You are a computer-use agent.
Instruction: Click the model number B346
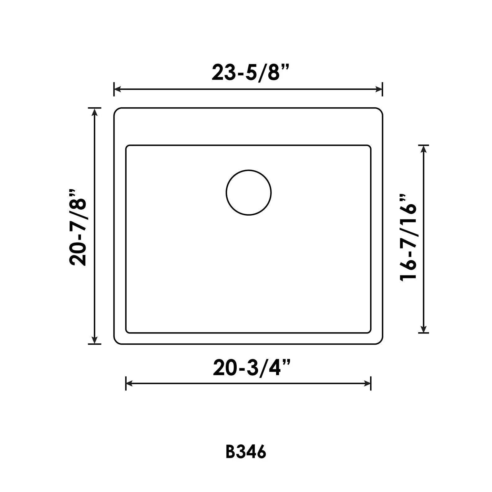pyautogui.click(x=246, y=453)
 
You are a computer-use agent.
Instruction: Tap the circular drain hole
pyautogui.click(x=249, y=193)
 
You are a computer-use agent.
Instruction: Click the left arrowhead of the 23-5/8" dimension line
pyautogui.click(x=118, y=89)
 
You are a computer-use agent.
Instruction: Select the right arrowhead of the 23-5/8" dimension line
pyautogui.click(x=379, y=89)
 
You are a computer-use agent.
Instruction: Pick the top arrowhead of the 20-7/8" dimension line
pyautogui.click(x=95, y=112)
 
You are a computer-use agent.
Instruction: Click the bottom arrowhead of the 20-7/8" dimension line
pyautogui.click(x=95, y=340)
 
